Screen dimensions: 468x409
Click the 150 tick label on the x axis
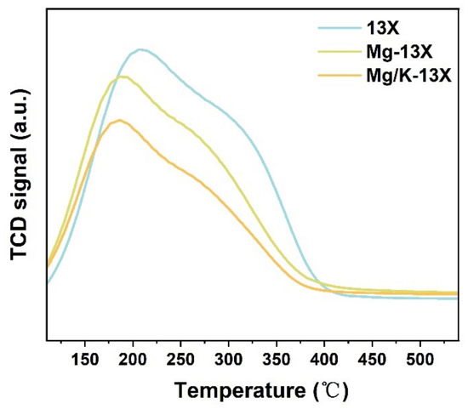(85, 360)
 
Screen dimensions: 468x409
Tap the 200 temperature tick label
(133, 360)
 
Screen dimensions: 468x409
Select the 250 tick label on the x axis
(180, 360)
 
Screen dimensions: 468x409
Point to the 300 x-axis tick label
(229, 360)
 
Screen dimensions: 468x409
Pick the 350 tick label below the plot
(277, 360)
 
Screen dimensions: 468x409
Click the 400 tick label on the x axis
(324, 360)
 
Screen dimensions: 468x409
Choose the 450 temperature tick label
(373, 360)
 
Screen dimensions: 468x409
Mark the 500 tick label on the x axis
(420, 360)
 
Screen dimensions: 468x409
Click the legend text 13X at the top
(383, 29)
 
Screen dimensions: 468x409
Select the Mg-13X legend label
(399, 53)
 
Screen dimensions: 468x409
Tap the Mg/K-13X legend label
(409, 77)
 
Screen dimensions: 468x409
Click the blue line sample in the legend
(340, 28)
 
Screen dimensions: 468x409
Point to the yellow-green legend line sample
(340, 52)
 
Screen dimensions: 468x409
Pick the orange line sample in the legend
(340, 76)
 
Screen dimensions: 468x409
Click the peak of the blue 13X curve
(140, 50)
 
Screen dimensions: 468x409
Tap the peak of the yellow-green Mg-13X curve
(122, 77)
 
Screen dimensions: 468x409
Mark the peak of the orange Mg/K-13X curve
(119, 120)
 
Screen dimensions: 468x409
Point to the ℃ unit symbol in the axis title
(332, 390)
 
